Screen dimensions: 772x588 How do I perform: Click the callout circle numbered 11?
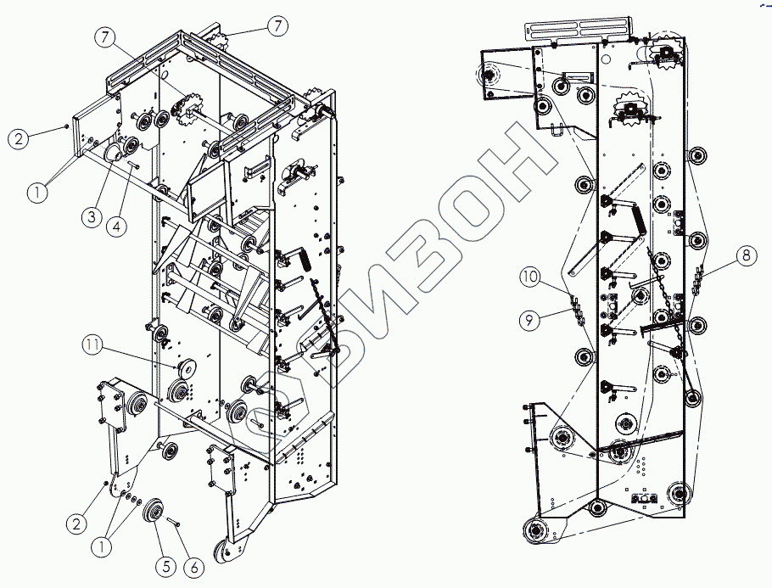pyautogui.click(x=92, y=344)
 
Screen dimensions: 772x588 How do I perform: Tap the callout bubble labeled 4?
pyautogui.click(x=118, y=225)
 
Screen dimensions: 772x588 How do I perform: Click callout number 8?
pyautogui.click(x=743, y=253)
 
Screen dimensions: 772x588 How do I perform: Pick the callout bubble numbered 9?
pyautogui.click(x=529, y=319)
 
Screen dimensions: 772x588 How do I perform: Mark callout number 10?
pyautogui.click(x=529, y=277)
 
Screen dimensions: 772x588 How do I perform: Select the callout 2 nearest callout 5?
pyautogui.click(x=77, y=524)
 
